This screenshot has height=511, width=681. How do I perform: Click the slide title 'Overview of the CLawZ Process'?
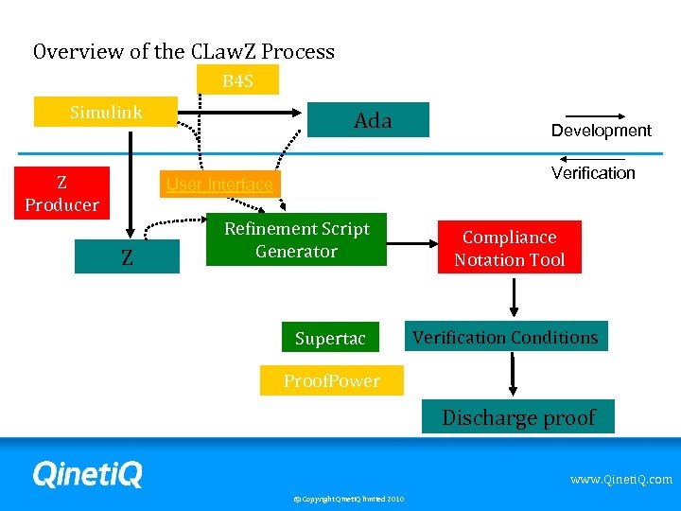183,51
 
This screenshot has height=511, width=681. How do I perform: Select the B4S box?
237,81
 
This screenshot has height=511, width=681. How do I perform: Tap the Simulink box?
106,113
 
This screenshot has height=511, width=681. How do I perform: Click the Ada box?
372,120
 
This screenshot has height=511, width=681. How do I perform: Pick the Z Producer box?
61,193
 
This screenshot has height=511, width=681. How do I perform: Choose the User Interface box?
218,185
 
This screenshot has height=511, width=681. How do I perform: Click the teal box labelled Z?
127,256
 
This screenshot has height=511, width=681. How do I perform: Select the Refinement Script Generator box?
296,239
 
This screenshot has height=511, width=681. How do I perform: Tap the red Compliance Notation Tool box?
509,248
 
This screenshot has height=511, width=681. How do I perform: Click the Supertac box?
330,338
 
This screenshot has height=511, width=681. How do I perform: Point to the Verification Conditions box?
505,337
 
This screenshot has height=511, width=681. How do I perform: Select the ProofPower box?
331,380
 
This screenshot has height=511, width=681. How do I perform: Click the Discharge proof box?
518,417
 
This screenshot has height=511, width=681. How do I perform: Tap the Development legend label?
602,131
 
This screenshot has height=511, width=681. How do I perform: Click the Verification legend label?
593,172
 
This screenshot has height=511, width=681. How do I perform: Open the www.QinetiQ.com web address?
620,480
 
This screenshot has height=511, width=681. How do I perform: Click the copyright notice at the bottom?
348,499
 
